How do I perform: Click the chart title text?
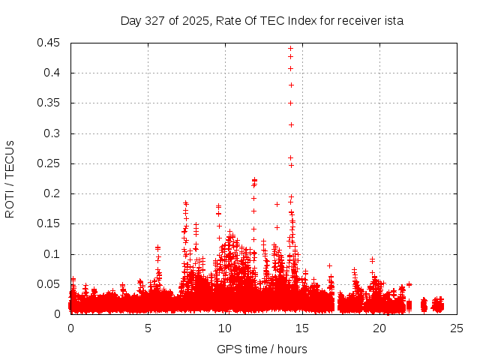(262, 21)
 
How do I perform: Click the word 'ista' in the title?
(393, 21)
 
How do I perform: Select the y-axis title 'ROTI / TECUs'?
(10, 178)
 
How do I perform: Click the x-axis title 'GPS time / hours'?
(262, 349)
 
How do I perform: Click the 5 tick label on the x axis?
(148, 328)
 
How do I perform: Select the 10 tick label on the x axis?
(225, 328)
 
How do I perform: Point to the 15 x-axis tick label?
(302, 328)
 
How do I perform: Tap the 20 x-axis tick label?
(379, 328)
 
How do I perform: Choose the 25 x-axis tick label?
(457, 328)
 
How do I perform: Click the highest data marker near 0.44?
(290, 49)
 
